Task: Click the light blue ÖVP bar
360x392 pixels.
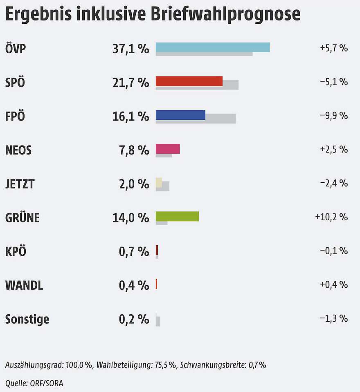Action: click(x=213, y=47)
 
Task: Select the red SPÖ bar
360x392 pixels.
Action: click(x=189, y=81)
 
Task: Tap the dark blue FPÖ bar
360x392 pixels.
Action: click(x=180, y=115)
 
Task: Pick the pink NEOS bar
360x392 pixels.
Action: click(x=168, y=149)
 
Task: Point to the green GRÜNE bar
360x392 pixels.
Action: click(x=177, y=216)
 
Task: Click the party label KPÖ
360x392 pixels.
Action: click(x=16, y=251)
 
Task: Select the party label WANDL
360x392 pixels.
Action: click(x=24, y=285)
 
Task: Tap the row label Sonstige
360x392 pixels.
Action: click(x=27, y=319)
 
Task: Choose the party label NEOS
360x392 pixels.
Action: click(x=18, y=150)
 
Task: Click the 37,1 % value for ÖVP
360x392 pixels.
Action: click(x=131, y=49)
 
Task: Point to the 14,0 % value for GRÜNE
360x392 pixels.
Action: click(x=131, y=218)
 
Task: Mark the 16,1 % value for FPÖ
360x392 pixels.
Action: click(x=131, y=116)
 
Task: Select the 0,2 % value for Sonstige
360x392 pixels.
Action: click(x=134, y=319)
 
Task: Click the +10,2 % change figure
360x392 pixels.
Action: click(x=331, y=217)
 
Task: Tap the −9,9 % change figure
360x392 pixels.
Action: click(x=334, y=116)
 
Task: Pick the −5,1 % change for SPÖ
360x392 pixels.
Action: click(x=334, y=82)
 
